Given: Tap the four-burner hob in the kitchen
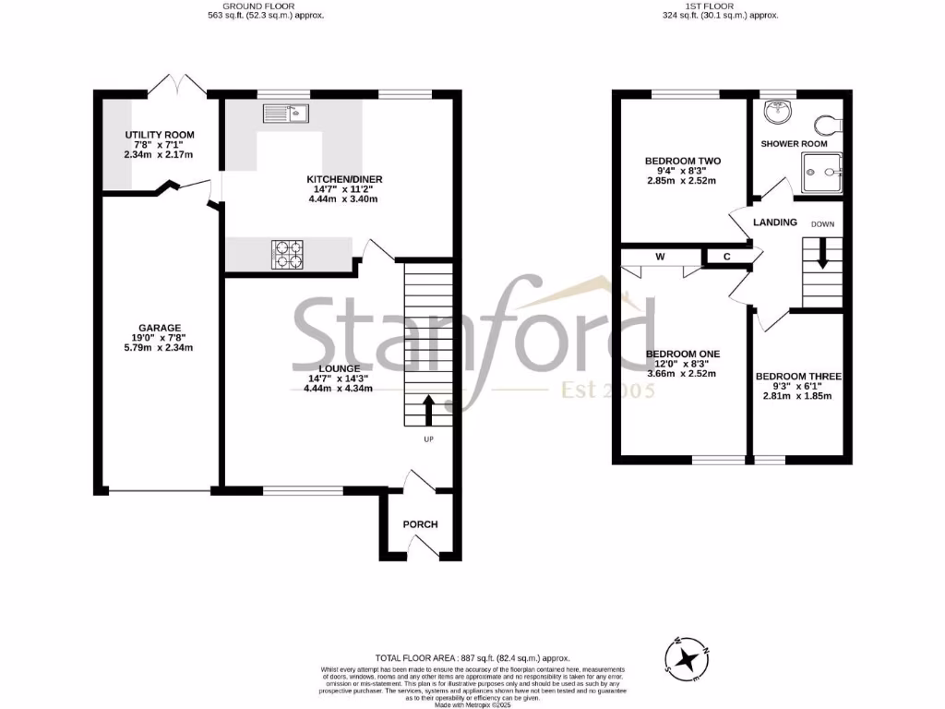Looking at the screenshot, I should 287,254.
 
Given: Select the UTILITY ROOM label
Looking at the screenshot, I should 160,135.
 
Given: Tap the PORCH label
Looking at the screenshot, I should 420,524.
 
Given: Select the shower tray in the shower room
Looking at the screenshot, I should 821,172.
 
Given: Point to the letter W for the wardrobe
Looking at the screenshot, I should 661,256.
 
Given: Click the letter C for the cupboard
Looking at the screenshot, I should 727,256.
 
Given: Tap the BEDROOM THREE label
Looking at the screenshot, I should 798,377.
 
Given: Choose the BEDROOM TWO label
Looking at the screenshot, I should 683,161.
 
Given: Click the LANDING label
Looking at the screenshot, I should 775,222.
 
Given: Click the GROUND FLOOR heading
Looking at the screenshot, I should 267,6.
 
